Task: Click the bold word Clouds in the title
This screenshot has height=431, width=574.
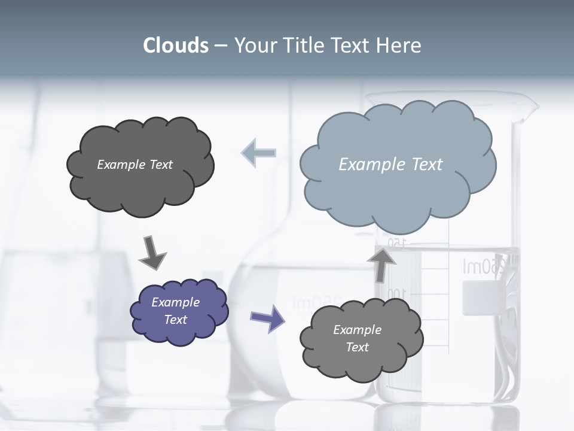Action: [x=175, y=45]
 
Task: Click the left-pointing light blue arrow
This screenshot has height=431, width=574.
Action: [x=258, y=153]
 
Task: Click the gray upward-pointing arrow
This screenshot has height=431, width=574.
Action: [x=382, y=263]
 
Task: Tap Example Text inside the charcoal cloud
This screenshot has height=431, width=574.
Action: [x=135, y=165]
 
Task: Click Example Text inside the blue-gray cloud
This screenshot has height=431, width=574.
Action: [x=390, y=165]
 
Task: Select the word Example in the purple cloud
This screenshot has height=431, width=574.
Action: [x=175, y=302]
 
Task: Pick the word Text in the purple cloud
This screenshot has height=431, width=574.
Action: [x=175, y=320]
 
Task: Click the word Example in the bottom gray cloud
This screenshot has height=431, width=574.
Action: [x=357, y=330]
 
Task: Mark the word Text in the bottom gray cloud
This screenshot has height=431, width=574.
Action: [x=357, y=347]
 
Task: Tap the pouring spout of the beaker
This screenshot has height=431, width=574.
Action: [x=529, y=108]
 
